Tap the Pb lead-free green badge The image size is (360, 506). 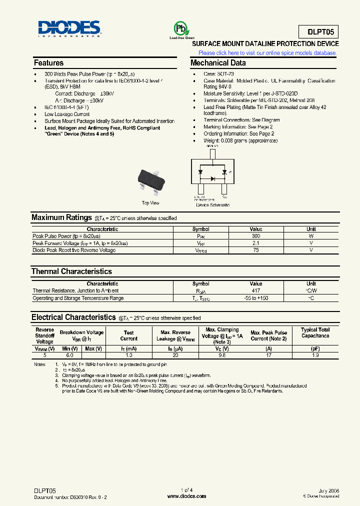tap(178, 28)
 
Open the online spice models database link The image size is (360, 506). tap(268, 53)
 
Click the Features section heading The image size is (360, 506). tap(48, 63)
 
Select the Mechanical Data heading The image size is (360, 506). tap(218, 63)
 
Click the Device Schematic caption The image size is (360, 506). tap(213, 205)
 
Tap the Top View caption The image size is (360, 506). tap(150, 203)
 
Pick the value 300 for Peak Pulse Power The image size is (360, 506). tap(256, 236)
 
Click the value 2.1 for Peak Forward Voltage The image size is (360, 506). tap(256, 243)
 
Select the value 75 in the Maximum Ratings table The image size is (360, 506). tap(256, 250)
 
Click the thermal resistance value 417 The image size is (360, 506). tap(256, 291)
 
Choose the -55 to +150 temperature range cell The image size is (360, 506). tap(256, 298)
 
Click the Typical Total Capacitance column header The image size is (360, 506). tap(315, 333)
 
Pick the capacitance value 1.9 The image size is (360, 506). tap(315, 355)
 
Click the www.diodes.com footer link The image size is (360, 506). tap(186, 496)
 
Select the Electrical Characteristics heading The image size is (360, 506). tap(73, 317)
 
